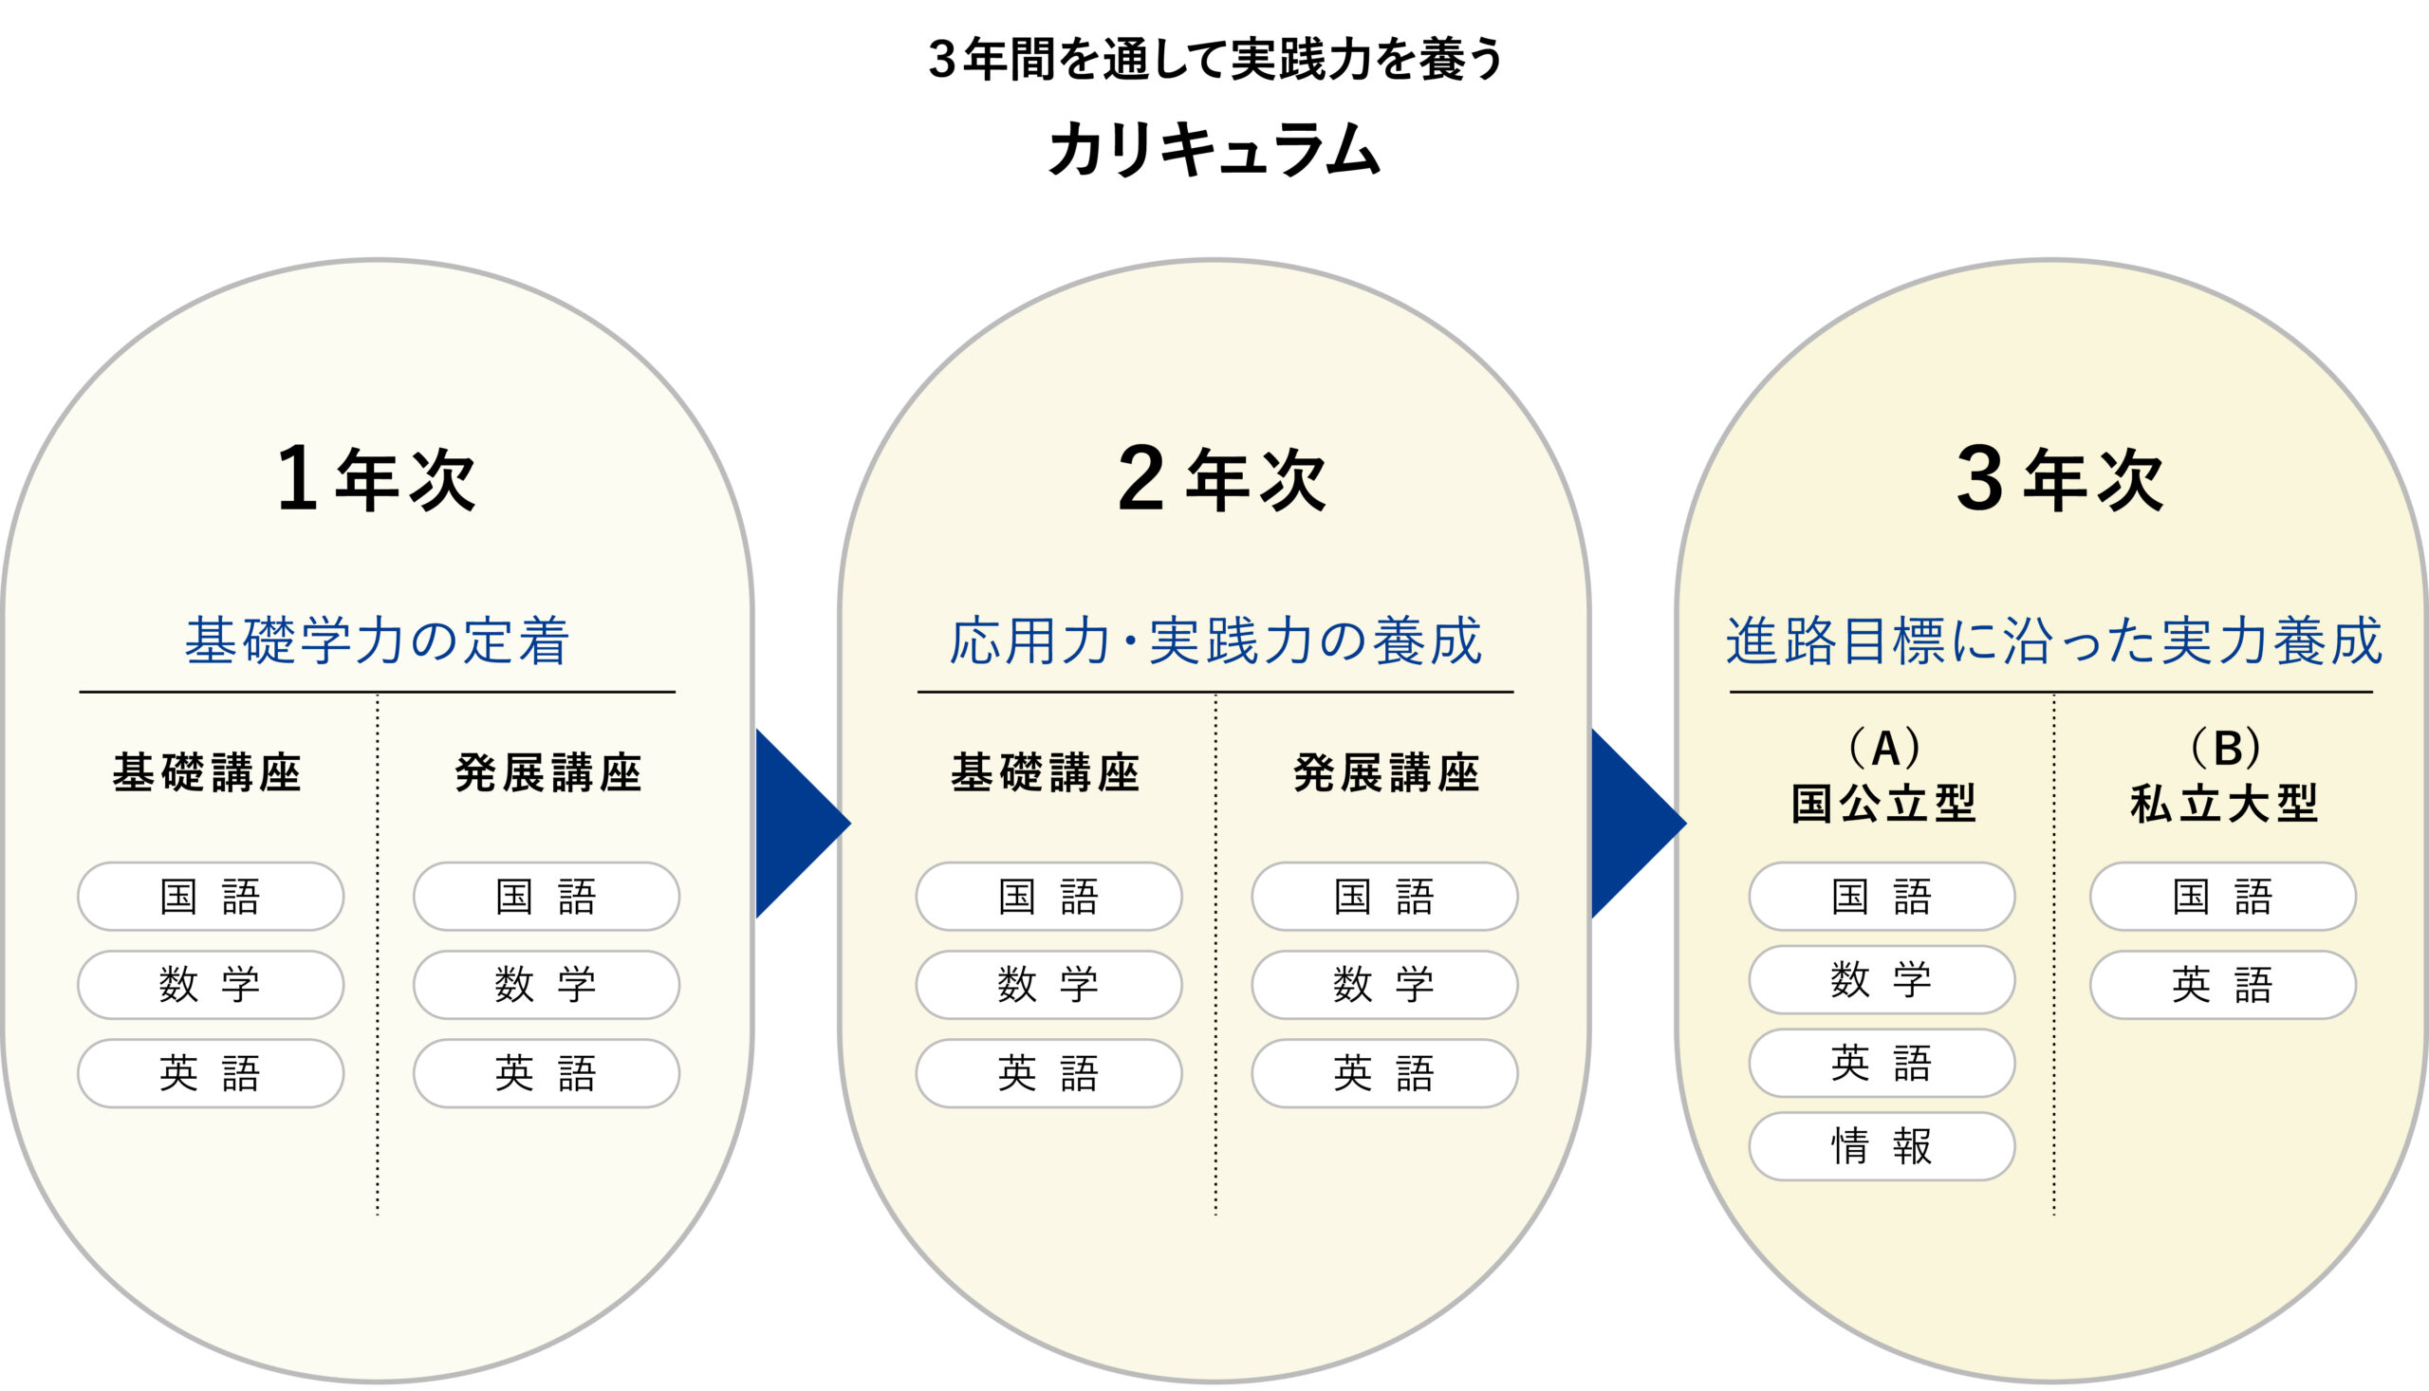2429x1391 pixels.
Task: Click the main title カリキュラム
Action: pos(1214,150)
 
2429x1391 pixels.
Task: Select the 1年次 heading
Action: pos(377,479)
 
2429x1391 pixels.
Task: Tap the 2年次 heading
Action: pos(1222,479)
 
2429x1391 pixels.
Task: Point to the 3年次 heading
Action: pos(2060,479)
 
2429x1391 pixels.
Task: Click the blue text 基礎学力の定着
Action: pos(378,640)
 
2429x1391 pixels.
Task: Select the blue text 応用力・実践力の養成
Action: pos(1215,640)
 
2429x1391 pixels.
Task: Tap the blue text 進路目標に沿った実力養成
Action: pos(2053,640)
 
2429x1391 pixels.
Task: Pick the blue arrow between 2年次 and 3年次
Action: pos(1638,824)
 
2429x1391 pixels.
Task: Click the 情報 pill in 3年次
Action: pos(1882,1146)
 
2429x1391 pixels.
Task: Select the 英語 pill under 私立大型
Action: pos(2223,985)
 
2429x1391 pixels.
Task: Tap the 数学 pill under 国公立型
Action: pos(1882,980)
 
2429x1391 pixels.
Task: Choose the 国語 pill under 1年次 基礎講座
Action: pos(210,896)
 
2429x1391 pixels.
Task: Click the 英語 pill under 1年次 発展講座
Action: pos(547,1073)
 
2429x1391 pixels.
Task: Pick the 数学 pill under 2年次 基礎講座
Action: pos(1048,985)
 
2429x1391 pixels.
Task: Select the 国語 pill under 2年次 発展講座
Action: pos(1385,896)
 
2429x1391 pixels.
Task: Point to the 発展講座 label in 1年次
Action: pos(548,773)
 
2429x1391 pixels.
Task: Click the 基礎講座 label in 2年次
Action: pos(1046,773)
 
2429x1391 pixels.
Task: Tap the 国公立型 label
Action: pos(1882,803)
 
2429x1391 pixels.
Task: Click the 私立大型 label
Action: pos(2224,803)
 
